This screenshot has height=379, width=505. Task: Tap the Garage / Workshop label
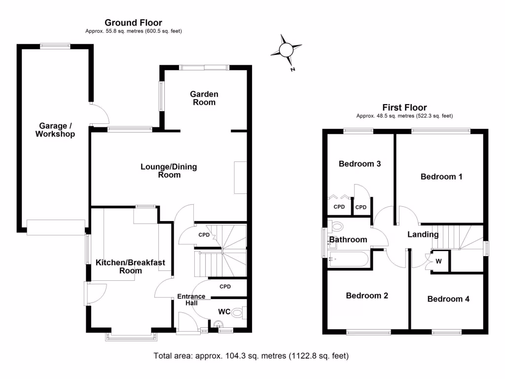[55, 130]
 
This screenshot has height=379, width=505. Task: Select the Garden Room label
[204, 98]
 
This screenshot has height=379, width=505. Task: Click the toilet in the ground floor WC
[238, 312]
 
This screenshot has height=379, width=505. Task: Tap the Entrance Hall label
[191, 300]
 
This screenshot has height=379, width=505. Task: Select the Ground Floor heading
[133, 23]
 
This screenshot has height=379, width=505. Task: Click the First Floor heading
[404, 108]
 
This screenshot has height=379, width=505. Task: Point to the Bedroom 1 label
[441, 177]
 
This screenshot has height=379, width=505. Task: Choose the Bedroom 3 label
[360, 164]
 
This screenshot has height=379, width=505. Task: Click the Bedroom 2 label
[367, 296]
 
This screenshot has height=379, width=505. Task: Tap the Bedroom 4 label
[448, 299]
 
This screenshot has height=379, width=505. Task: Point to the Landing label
[423, 234]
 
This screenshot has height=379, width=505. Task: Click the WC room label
[224, 312]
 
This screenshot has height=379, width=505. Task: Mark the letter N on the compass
[293, 70]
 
